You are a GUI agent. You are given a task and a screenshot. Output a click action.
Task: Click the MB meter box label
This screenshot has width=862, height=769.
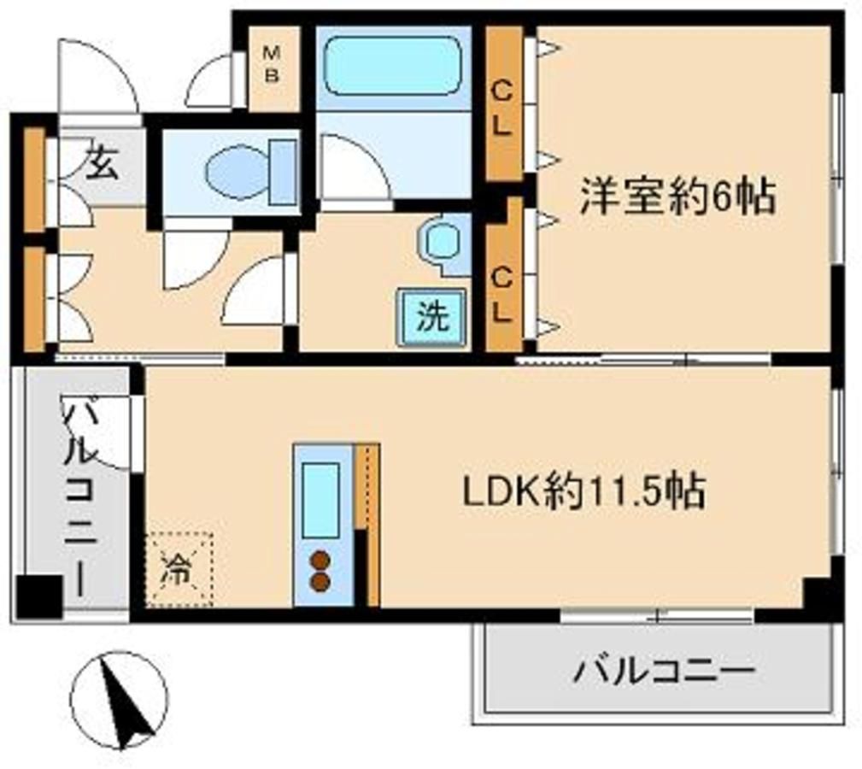point(272,64)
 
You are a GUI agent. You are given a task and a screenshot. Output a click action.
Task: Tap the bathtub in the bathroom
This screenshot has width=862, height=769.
point(392,66)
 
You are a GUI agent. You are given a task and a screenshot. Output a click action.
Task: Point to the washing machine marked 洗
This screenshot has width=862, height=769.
point(432,317)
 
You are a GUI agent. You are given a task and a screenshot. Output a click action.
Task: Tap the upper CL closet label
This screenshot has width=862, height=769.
point(502,109)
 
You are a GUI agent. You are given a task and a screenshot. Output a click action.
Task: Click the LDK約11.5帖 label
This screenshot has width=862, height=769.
point(584,490)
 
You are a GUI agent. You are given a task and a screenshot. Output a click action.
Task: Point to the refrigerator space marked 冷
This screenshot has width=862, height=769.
point(179,569)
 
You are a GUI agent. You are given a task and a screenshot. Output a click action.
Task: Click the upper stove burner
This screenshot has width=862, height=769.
point(320,561)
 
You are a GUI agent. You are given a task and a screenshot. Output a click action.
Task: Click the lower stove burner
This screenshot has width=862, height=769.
point(320,582)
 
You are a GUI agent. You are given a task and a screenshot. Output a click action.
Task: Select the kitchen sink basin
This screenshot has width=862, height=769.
point(320,500)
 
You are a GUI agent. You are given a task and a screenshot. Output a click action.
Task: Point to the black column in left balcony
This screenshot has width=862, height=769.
point(39,597)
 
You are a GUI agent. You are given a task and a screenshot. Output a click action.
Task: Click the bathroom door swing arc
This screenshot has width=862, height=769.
point(355,167)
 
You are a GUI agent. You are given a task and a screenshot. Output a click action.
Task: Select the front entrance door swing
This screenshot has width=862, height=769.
point(97,77)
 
